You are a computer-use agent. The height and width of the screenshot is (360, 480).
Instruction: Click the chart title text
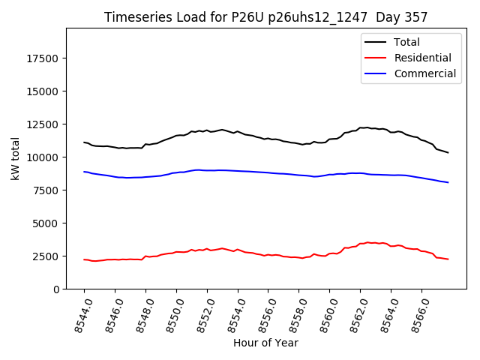(x=265, y=17)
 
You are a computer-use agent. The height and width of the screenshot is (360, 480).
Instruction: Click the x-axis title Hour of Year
(x=265, y=343)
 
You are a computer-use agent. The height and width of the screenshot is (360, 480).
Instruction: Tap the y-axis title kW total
(x=14, y=158)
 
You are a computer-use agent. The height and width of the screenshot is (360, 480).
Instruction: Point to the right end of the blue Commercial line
(x=448, y=182)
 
